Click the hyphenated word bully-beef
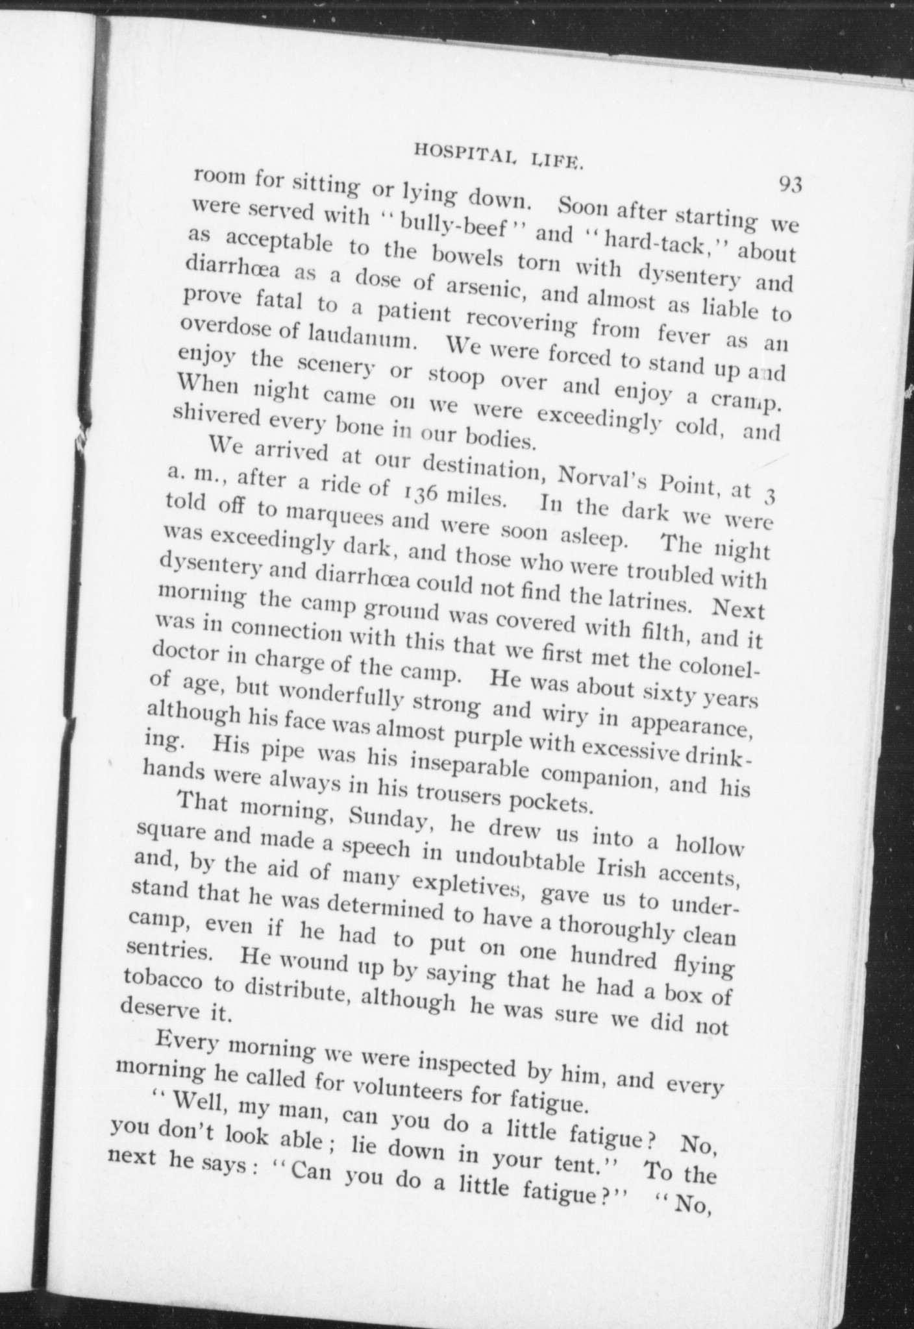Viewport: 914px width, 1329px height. [x=445, y=226]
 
